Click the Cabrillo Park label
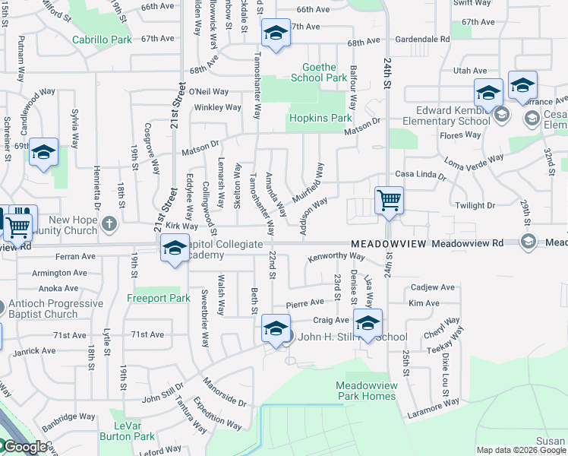click(102, 40)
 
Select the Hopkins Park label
click(319, 118)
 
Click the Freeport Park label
click(159, 298)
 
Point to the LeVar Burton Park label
click(127, 431)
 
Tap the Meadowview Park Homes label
click(367, 391)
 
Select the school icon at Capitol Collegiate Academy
click(175, 249)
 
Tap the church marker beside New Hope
click(109, 224)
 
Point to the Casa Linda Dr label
click(420, 176)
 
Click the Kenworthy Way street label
click(336, 258)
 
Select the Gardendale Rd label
click(419, 38)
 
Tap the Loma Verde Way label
click(475, 161)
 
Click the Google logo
click(24, 447)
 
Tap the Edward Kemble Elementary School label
click(443, 115)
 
